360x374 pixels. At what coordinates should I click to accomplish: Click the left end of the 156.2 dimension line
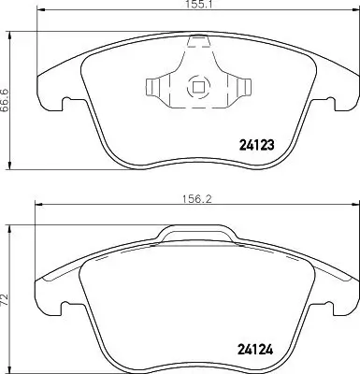36,205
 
